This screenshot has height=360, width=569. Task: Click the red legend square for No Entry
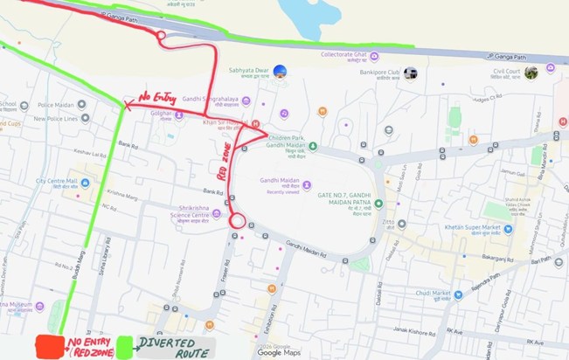(48, 347)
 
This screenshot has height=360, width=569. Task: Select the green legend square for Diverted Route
(125, 346)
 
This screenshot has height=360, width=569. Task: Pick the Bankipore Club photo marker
(410, 73)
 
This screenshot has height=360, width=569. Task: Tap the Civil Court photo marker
(531, 73)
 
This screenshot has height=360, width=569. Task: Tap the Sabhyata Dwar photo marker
(280, 71)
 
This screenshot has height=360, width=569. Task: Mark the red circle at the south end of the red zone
(237, 221)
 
